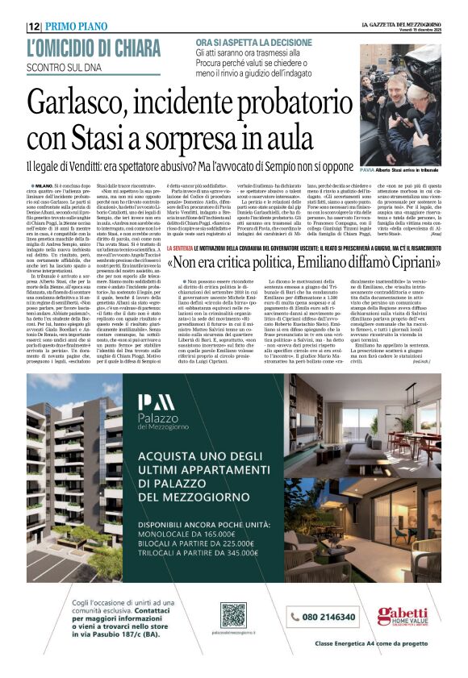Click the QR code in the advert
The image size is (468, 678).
232,614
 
